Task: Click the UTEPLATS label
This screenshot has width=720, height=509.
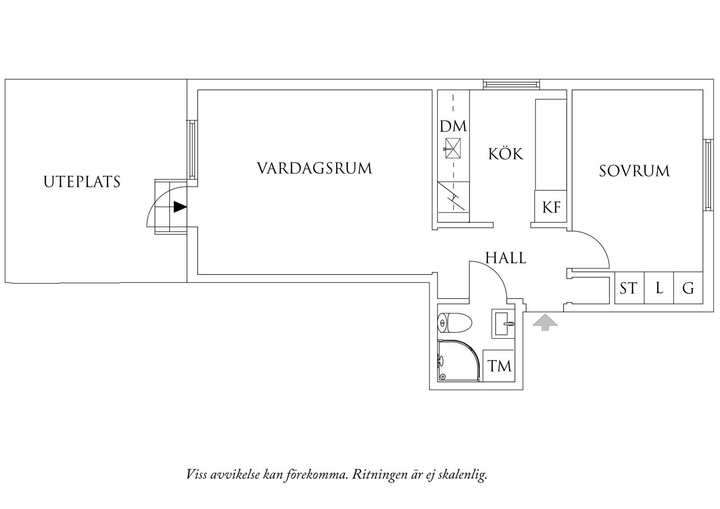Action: coord(82,181)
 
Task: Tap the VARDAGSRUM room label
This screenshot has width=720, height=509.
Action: coord(314,168)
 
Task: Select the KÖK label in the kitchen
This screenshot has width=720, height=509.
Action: coord(506,154)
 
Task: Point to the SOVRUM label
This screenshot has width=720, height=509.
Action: coord(634,171)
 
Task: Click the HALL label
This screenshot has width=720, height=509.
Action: coord(506,258)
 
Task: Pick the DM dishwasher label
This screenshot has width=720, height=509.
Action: coord(453,126)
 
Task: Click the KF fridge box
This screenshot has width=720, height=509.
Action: coord(551,207)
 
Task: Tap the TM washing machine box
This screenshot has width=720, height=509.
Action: coord(499,365)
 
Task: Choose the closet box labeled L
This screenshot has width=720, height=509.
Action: coord(659,288)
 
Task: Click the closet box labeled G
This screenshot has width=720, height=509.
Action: coord(688,288)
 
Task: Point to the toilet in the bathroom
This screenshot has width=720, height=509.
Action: coord(454,323)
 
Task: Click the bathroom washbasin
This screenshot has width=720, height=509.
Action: coord(503,324)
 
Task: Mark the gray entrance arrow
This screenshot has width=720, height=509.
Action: coord(545,322)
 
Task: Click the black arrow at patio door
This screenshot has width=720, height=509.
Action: coord(180,207)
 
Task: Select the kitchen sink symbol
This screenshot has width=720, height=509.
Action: coord(452,148)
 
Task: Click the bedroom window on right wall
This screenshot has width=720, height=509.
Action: coord(708,175)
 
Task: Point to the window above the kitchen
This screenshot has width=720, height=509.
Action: coord(511,85)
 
